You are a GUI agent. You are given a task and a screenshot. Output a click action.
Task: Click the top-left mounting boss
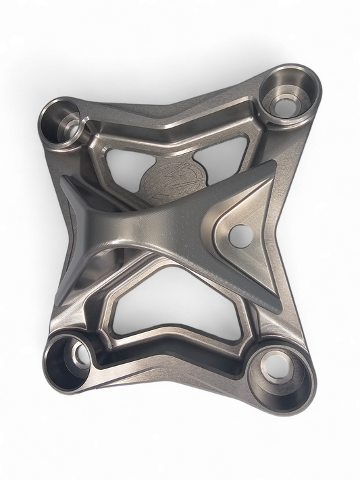tap(64, 122)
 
